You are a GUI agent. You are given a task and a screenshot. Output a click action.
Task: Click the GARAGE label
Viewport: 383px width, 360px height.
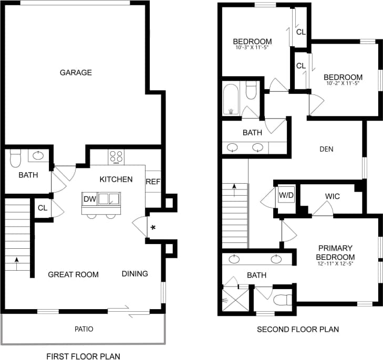[x=76, y=72]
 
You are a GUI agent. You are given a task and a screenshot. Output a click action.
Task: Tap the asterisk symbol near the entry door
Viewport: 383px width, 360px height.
[x=153, y=227]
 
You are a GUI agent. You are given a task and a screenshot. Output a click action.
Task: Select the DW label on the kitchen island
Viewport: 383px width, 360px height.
[x=89, y=199]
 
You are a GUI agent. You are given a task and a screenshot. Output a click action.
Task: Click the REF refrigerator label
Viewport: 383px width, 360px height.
[x=152, y=182]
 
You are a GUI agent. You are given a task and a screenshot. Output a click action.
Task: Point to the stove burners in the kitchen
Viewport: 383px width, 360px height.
[x=116, y=156]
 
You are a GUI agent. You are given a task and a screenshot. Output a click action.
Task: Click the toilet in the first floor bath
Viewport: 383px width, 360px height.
[x=15, y=156]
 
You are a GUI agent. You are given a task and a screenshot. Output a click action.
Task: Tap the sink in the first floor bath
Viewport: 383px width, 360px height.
[x=38, y=155]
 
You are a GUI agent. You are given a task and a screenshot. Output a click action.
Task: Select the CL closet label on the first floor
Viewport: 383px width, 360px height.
[x=43, y=208]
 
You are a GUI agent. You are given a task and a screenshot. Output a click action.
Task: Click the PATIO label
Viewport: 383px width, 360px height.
[x=84, y=329]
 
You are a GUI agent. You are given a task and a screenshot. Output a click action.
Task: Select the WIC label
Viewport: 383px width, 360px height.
[x=333, y=196]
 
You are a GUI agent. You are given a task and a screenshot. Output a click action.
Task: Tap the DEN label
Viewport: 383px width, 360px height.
[x=326, y=149]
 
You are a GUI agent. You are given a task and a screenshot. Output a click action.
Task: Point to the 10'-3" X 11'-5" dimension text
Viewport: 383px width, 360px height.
[x=252, y=48]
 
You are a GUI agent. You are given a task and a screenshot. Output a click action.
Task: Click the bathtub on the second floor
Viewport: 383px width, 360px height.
[x=230, y=100]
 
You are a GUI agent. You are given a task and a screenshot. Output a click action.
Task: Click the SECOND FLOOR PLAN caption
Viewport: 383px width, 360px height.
[x=297, y=330]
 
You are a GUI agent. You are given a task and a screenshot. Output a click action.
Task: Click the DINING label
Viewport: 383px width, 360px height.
[x=135, y=273]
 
